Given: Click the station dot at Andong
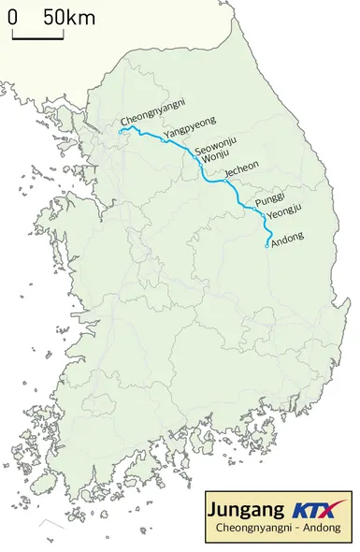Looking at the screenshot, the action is pyautogui.click(x=267, y=246).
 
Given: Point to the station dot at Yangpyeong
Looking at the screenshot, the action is pyautogui.click(x=164, y=141).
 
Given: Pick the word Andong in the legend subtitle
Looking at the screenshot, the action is pyautogui.click(x=324, y=530).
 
